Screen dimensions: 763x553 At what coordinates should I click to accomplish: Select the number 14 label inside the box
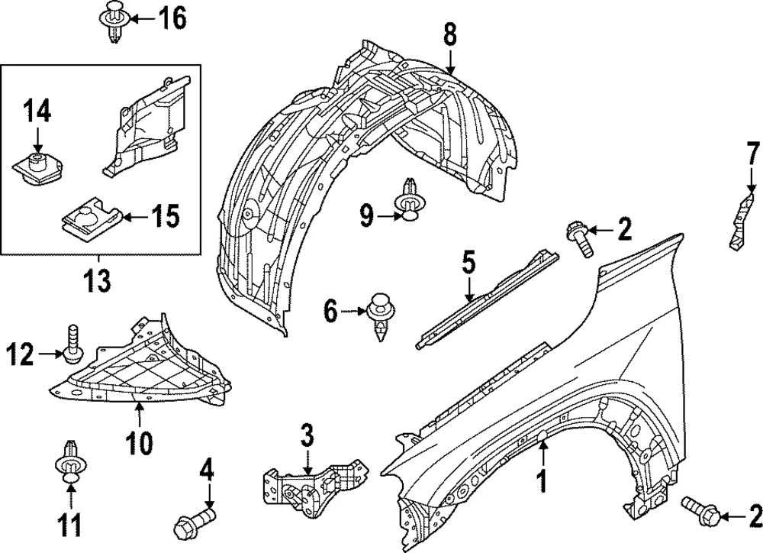[x=37, y=112]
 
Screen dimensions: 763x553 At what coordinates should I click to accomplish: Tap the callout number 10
[x=140, y=443]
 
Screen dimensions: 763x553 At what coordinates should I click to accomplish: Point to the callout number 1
[x=542, y=481]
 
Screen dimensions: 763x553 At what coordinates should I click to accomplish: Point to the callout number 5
[x=468, y=263]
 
